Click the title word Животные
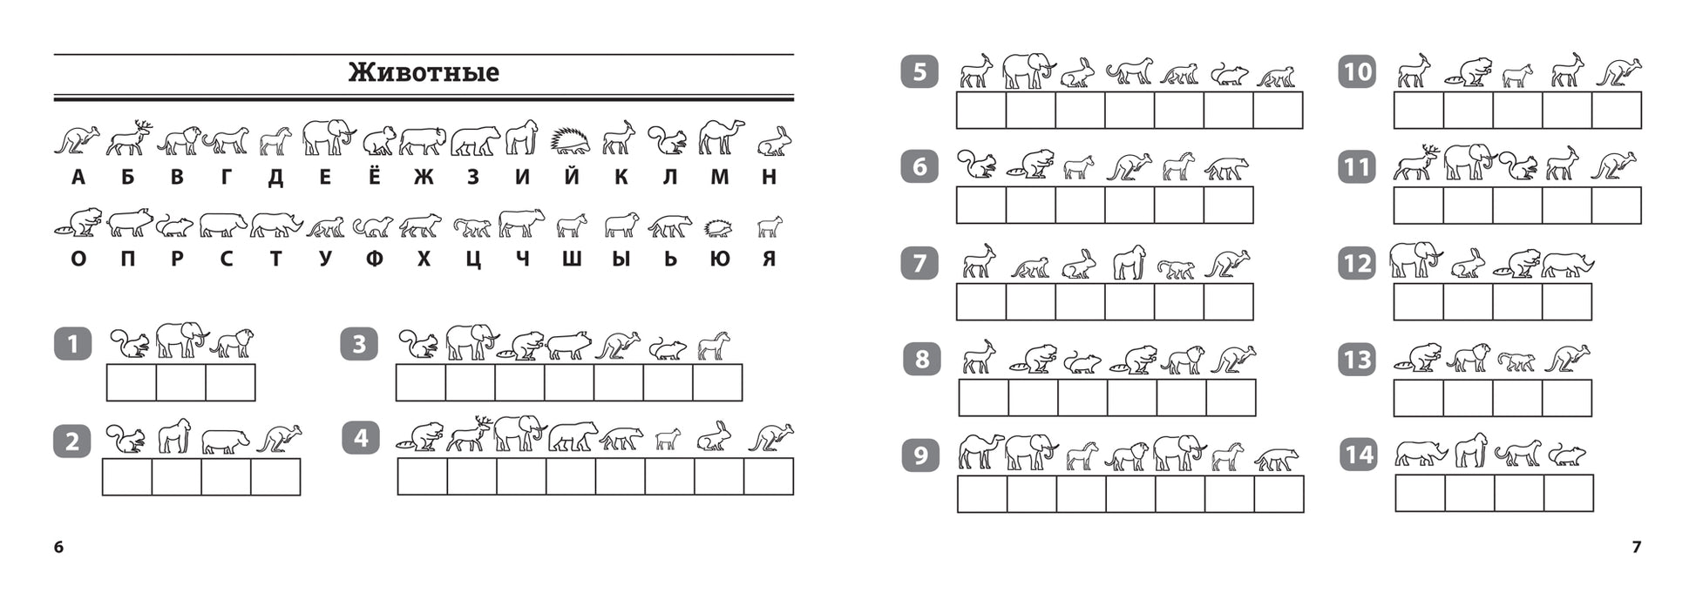point(424,71)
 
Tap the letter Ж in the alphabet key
point(424,178)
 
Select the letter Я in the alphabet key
point(769,259)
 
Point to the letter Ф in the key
point(374,259)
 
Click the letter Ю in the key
point(719,259)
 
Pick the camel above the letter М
point(721,138)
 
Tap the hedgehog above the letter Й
point(570,141)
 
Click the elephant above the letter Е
point(329,138)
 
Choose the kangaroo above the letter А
point(77,140)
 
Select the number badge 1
point(72,344)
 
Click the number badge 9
point(920,455)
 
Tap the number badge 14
point(1358,455)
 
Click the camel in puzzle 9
point(981,452)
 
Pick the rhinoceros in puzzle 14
point(1421,454)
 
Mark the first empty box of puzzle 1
point(132,382)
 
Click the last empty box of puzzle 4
point(770,476)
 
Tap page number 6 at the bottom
point(59,547)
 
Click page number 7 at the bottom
point(1636,547)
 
